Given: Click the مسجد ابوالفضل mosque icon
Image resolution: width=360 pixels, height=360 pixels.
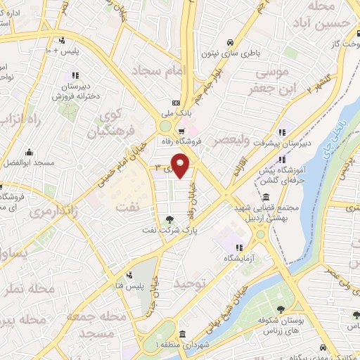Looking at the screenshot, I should pos(30,153).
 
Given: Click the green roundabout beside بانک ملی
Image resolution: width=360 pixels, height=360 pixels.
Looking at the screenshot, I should pos(166,126).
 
